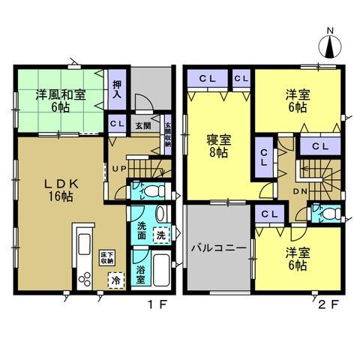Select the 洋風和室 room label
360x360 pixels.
tap(58, 100)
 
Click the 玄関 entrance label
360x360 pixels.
tap(142, 125)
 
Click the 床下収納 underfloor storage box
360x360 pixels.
tap(108, 256)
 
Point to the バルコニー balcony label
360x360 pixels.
tap(217, 247)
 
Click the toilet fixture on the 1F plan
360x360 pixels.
tap(147, 191)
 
